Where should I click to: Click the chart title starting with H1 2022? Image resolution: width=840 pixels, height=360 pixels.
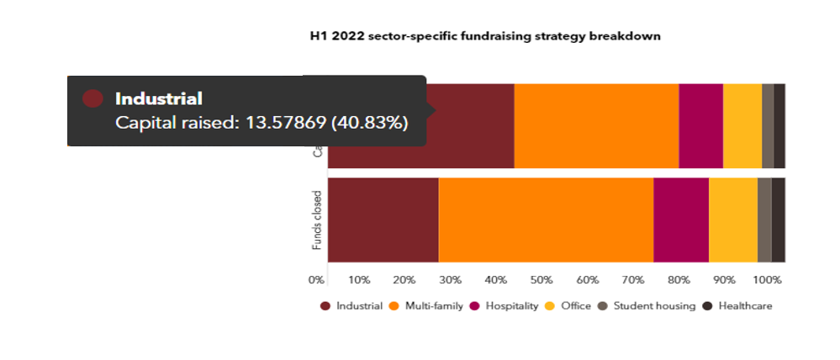coord(485,36)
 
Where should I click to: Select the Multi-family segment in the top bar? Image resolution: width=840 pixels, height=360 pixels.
coord(596,126)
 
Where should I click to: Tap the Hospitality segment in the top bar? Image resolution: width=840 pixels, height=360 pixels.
coord(700,126)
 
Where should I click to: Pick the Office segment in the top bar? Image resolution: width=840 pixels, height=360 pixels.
coord(742,126)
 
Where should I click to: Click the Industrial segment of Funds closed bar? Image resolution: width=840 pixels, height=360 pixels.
coord(383,220)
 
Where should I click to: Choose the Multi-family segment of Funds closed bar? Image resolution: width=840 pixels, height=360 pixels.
coord(546,220)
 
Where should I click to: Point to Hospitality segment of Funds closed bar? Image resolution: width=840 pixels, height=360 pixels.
coord(681,220)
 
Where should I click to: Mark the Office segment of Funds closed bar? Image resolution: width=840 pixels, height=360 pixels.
coord(733,220)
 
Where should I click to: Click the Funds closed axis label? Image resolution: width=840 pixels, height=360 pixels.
coord(317,220)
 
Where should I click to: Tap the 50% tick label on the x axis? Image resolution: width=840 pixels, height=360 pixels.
coord(542,279)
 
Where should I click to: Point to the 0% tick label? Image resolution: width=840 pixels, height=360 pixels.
coord(317,279)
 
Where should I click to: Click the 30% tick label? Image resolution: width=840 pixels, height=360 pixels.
coord(450,279)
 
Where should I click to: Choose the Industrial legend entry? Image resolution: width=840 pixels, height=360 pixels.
coord(351,306)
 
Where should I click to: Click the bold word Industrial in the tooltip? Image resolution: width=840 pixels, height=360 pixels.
coord(159,98)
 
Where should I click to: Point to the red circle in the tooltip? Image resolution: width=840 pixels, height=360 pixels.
coord(92,98)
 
